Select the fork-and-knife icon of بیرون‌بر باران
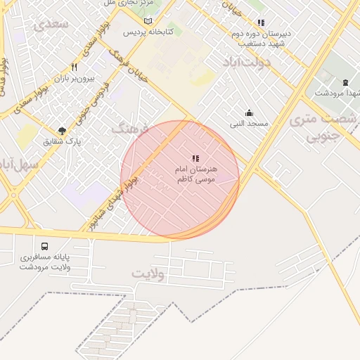(x=84, y=68)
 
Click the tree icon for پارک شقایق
(x=63, y=130)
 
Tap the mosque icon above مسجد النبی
(x=249, y=113)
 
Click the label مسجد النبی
(x=249, y=124)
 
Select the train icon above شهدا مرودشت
(x=345, y=83)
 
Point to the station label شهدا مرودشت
(x=337, y=94)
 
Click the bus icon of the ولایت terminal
(x=45, y=246)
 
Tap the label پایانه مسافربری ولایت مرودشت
(x=46, y=262)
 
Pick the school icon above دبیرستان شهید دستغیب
(x=262, y=22)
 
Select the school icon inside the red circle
(x=195, y=159)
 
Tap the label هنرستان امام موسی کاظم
(x=197, y=175)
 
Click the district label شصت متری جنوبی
(x=323, y=127)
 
